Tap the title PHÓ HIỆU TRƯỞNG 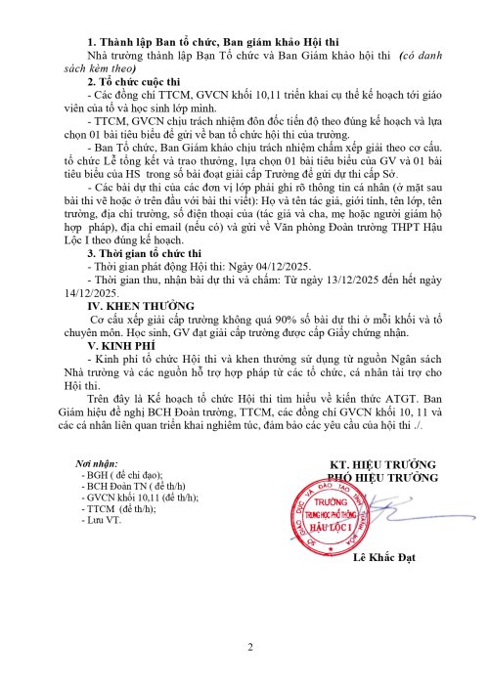tap(380, 476)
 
